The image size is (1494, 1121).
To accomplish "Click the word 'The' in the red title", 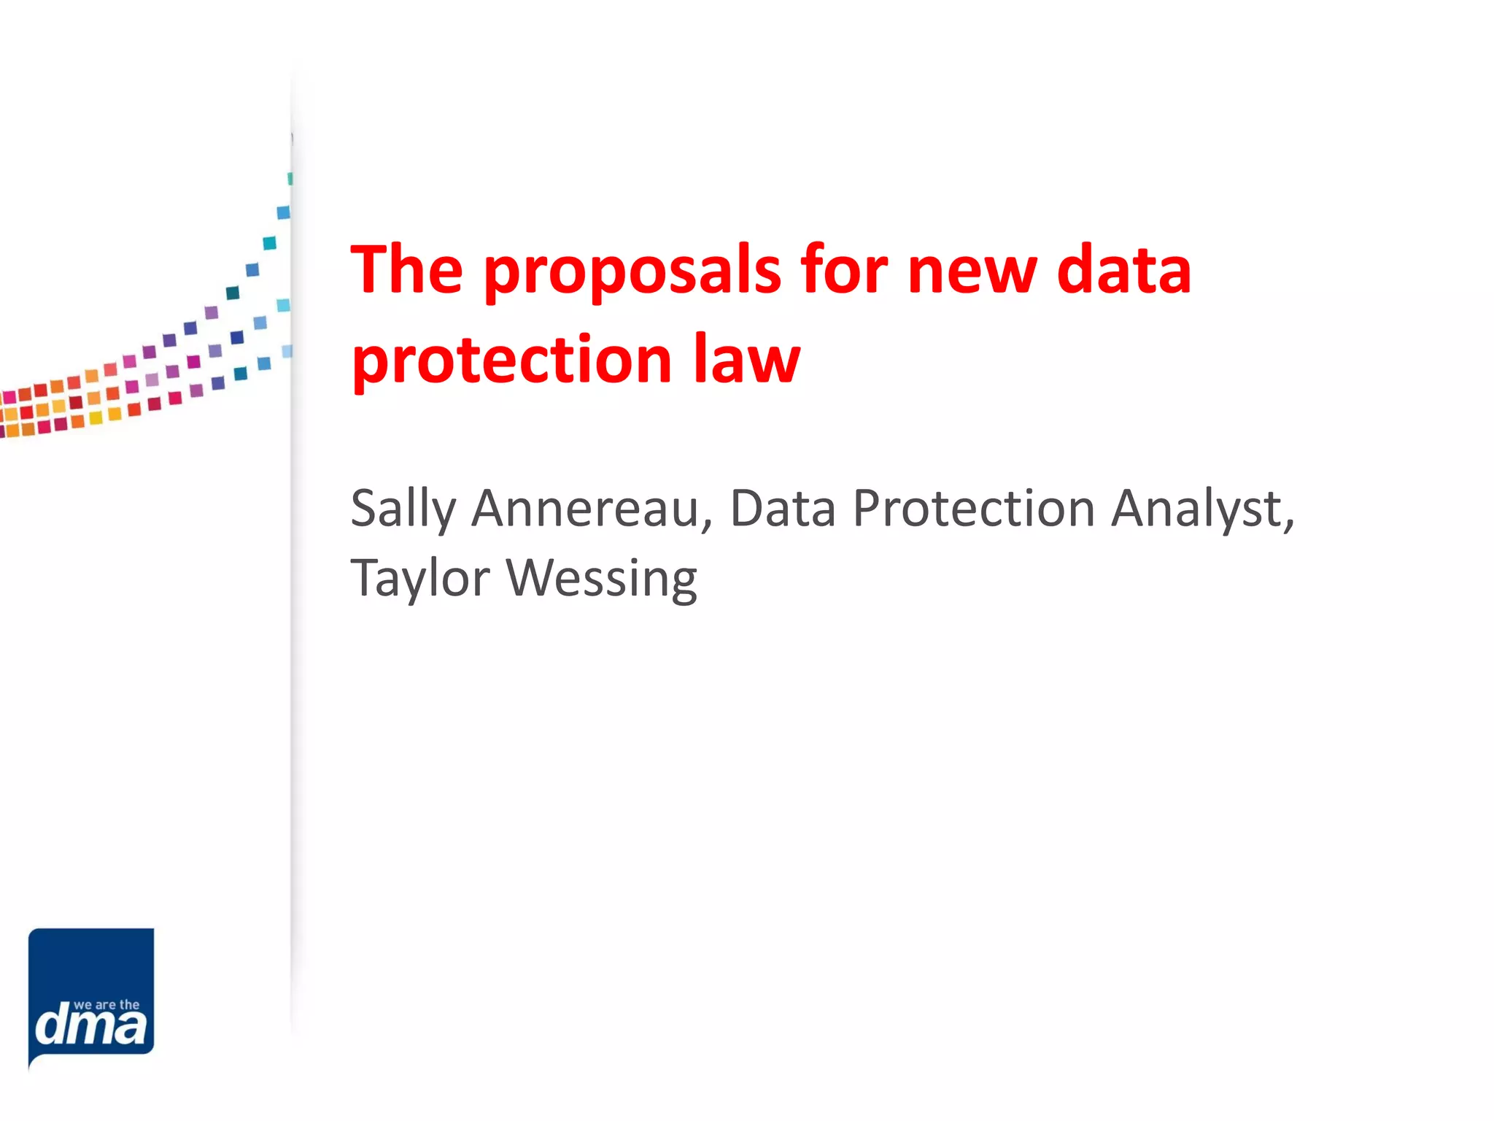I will [x=407, y=269].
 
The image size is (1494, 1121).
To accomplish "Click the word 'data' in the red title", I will [x=1124, y=269].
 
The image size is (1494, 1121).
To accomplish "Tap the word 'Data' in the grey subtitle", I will [x=783, y=509].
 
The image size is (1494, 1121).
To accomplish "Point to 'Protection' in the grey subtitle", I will [x=974, y=509].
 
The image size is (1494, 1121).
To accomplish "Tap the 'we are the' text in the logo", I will [x=107, y=1005].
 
